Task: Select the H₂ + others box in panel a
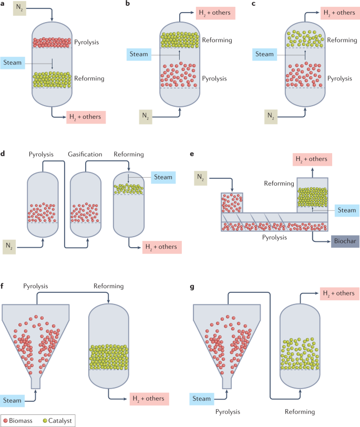tap(86, 117)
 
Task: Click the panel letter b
tap(127, 4)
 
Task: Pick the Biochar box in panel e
tap(345, 242)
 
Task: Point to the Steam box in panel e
tap(346, 210)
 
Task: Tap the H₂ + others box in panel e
tap(313, 159)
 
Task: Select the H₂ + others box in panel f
tap(149, 399)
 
